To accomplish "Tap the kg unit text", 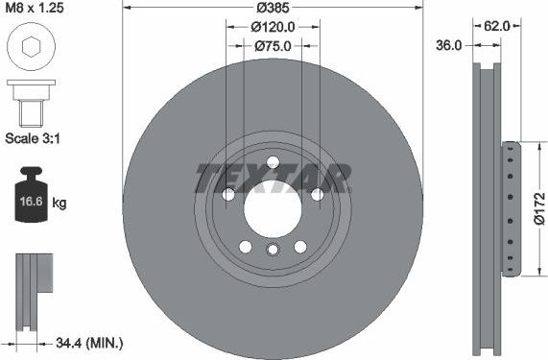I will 59,204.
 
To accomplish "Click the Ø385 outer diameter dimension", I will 274,9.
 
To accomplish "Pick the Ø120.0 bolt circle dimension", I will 273,27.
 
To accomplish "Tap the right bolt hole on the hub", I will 317,195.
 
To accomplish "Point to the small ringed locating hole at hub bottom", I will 273,251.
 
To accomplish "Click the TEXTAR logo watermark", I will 273,177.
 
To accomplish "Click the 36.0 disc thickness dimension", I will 449,44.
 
